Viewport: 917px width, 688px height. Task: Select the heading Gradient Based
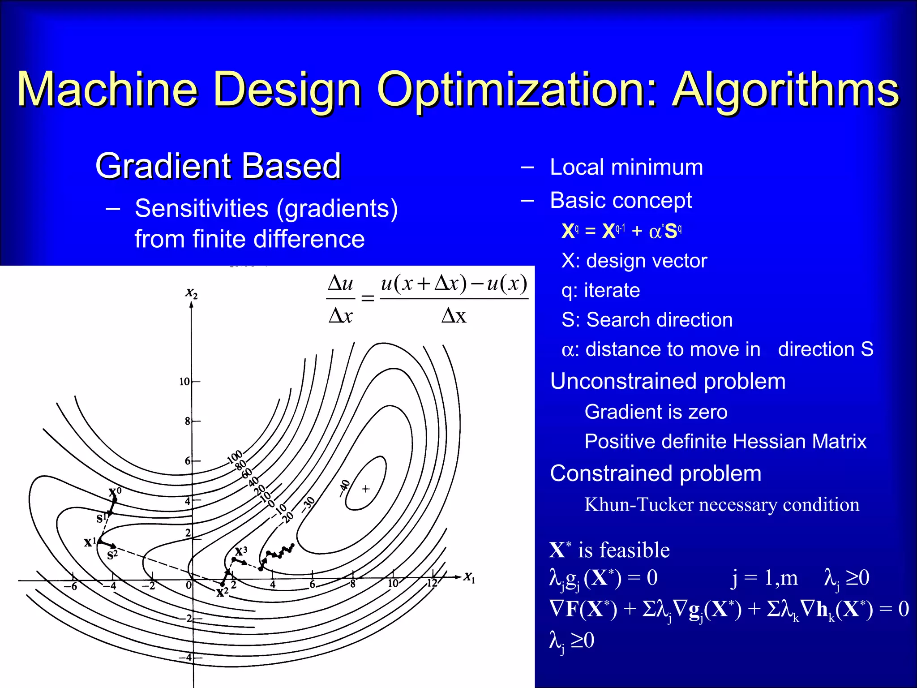pyautogui.click(x=218, y=166)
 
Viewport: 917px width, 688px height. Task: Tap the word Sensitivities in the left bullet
pyautogui.click(x=201, y=208)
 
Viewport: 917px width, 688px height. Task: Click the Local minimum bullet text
pyautogui.click(x=626, y=167)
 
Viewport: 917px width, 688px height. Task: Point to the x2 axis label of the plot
pyautogui.click(x=192, y=293)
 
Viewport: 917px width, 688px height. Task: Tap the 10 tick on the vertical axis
pyautogui.click(x=184, y=382)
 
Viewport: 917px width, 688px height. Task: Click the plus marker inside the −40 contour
pyautogui.click(x=366, y=489)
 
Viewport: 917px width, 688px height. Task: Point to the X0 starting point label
pyautogui.click(x=115, y=492)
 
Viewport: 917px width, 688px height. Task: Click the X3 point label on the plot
pyautogui.click(x=241, y=550)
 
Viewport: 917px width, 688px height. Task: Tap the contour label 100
pyautogui.click(x=235, y=456)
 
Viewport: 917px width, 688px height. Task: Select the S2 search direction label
pyautogui.click(x=112, y=555)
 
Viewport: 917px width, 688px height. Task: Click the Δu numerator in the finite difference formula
pyautogui.click(x=340, y=284)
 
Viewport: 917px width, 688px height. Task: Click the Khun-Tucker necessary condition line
pyautogui.click(x=721, y=505)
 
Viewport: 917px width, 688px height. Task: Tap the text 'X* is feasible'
pyautogui.click(x=609, y=550)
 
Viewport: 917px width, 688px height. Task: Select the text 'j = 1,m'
pyautogui.click(x=764, y=578)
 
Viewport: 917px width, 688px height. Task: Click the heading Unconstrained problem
pyautogui.click(x=668, y=382)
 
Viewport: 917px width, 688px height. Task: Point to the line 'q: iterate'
pyautogui.click(x=600, y=290)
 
